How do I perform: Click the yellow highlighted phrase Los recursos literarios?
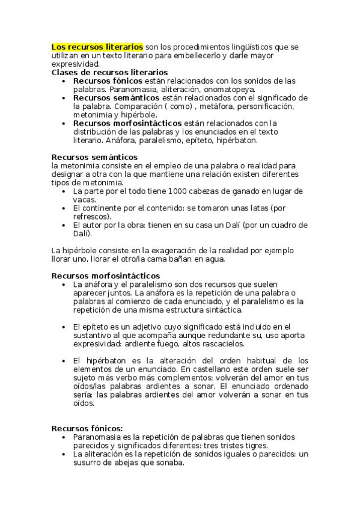(x=97, y=46)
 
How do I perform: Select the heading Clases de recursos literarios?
(x=109, y=72)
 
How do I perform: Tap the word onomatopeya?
(x=230, y=89)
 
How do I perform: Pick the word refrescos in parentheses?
(x=92, y=217)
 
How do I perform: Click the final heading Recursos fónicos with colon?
(x=87, y=428)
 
